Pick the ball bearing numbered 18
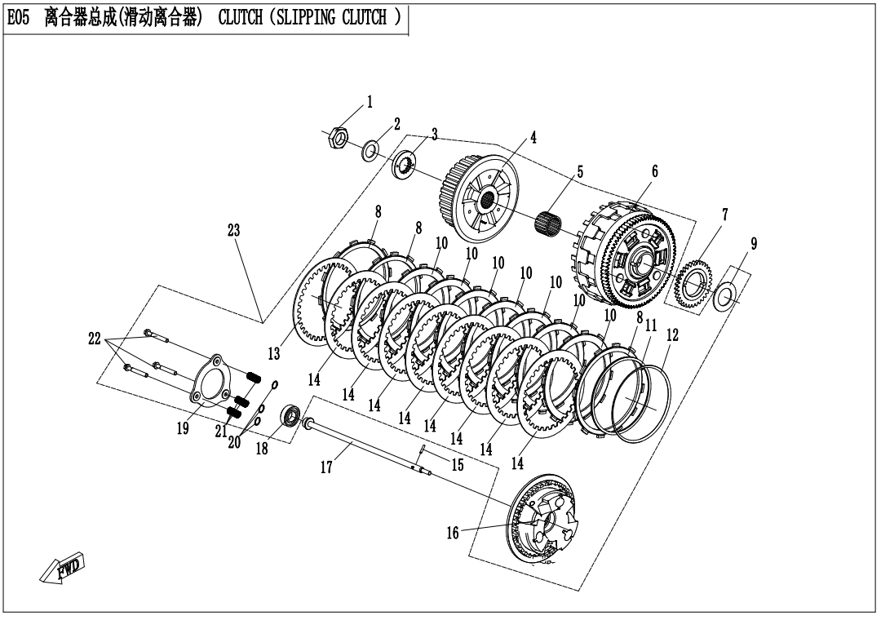(x=290, y=415)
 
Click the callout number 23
(x=234, y=232)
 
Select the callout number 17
(x=326, y=467)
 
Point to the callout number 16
(x=453, y=534)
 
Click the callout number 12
(x=672, y=334)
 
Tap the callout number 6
(x=654, y=171)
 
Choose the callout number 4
(x=533, y=138)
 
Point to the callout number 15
(x=458, y=465)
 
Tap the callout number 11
(x=651, y=325)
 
